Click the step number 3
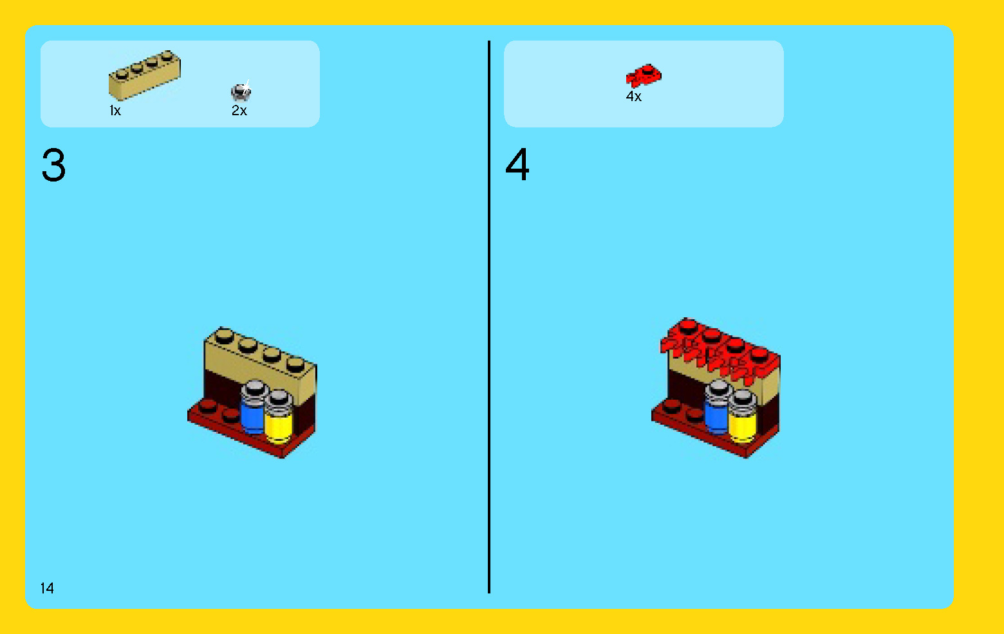click(53, 165)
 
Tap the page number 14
click(47, 588)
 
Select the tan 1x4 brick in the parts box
click(144, 76)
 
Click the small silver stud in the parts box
click(241, 91)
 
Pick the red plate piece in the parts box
click(643, 76)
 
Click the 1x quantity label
click(115, 111)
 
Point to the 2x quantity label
click(239, 111)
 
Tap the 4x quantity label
click(634, 97)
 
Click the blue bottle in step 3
click(251, 415)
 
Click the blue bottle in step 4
click(716, 416)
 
